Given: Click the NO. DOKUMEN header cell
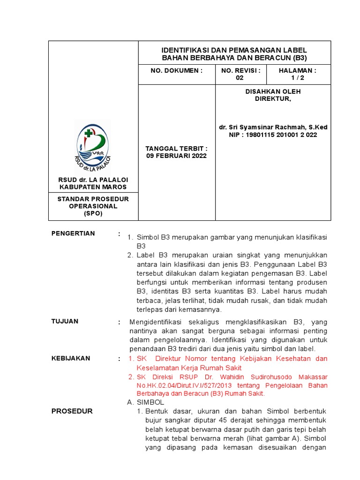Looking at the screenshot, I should pyautogui.click(x=176, y=70).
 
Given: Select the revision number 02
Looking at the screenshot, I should pyautogui.click(x=240, y=78).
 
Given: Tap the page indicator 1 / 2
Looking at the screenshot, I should pyautogui.click(x=298, y=78).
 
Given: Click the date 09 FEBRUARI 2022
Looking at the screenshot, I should pyautogui.click(x=176, y=156).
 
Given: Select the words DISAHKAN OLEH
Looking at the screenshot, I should pyautogui.click(x=273, y=91).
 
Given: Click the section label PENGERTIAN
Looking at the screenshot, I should pyautogui.click(x=73, y=233).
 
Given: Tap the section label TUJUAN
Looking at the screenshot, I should pyautogui.click(x=65, y=321).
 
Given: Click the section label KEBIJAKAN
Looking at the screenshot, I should pyautogui.click(x=70, y=358).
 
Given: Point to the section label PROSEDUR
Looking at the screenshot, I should pyautogui.click(x=72, y=411).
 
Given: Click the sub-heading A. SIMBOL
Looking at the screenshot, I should pyautogui.click(x=146, y=402).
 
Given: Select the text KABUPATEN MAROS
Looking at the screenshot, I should pyautogui.click(x=93, y=187).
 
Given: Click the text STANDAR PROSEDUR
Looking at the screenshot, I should pyautogui.click(x=93, y=199).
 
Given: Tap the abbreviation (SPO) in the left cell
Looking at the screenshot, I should pyautogui.click(x=93, y=213).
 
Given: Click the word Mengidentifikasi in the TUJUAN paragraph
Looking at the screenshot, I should pyautogui.click(x=156, y=322).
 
